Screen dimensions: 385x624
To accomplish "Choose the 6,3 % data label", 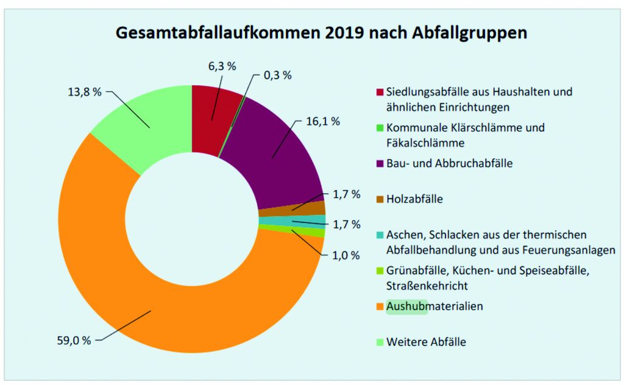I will point(222,66).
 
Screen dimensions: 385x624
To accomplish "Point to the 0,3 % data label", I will point(277,76).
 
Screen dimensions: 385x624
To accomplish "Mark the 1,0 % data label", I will point(344,255).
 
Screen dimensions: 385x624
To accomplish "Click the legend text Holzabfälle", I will point(414,199).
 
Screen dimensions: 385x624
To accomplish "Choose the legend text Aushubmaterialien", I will point(434,306).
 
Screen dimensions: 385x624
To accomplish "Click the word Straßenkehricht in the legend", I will point(427,286).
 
